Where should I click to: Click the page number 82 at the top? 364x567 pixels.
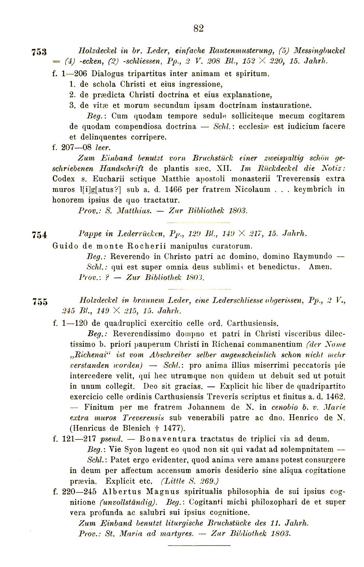coord(198,28)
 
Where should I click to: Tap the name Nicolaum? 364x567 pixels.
coord(252,189)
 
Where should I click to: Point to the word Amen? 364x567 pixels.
coord(321,267)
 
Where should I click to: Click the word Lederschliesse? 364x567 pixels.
coord(242,301)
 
